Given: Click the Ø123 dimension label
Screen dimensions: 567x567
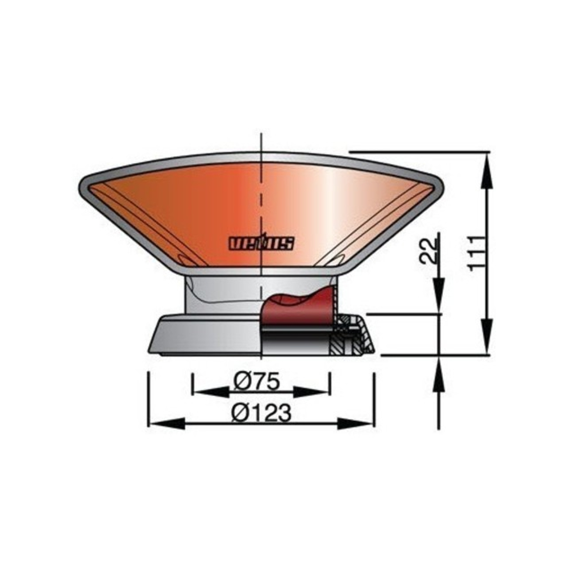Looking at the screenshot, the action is point(261,413).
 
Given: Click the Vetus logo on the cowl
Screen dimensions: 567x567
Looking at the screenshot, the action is point(261,243).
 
